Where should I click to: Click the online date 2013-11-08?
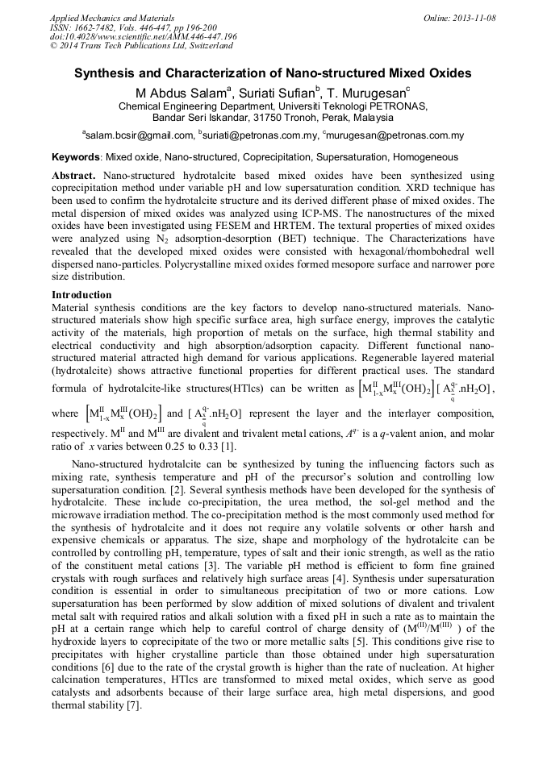point(477,17)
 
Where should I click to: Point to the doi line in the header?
point(143,36)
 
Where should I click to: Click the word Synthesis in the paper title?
point(106,73)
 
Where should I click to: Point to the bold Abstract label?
point(74,175)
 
